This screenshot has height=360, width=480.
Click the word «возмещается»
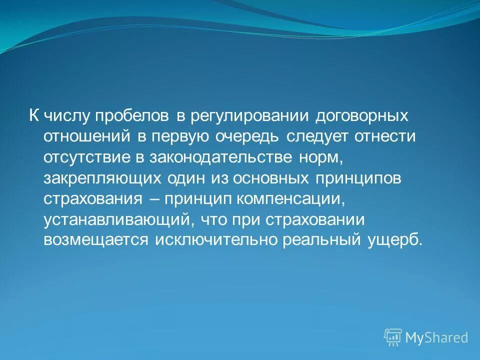click(x=96, y=240)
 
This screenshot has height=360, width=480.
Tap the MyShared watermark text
click(x=436, y=338)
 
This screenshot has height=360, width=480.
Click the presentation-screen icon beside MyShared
click(x=393, y=337)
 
